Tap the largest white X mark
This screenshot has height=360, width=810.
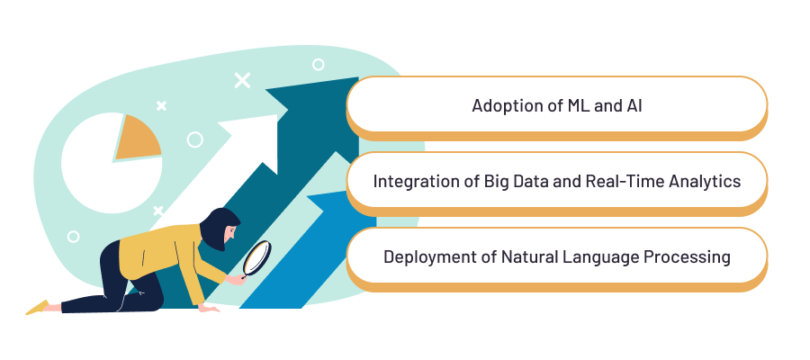242,79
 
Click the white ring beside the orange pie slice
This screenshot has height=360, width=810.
194,139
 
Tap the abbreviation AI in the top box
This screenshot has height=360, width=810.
633,106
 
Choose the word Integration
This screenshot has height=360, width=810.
415,181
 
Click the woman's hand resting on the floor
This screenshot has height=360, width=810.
210,309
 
